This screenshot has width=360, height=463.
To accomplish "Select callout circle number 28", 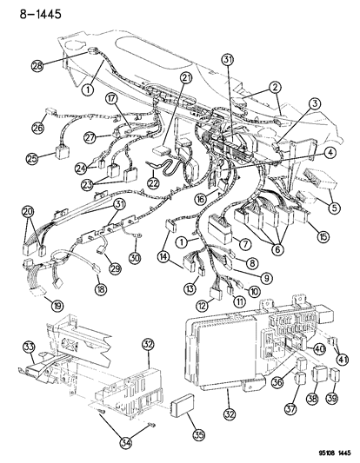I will click(x=37, y=66).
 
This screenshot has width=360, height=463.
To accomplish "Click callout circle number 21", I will click(x=185, y=103).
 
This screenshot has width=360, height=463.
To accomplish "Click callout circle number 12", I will click(x=202, y=306).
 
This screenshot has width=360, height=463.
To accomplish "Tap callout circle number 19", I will click(x=33, y=305).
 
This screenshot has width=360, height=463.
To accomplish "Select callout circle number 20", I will click(x=27, y=211).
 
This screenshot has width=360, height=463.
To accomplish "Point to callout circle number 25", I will click(x=32, y=159).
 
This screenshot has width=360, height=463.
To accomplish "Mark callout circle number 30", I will click(x=134, y=257).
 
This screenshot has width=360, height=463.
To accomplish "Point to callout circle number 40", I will click(x=319, y=349).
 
